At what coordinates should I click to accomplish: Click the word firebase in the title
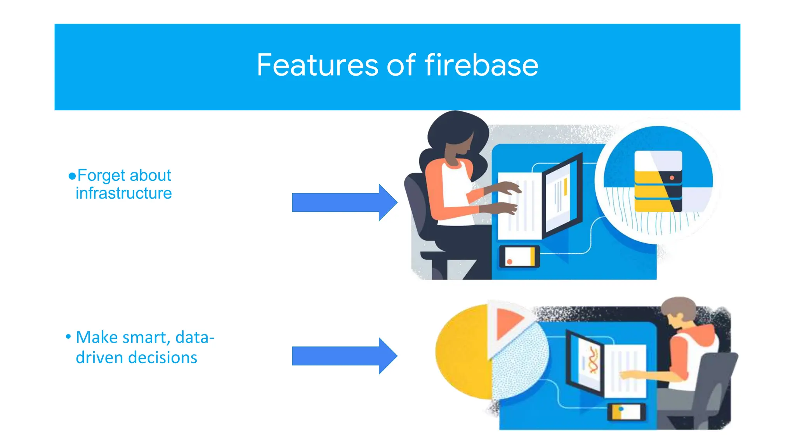481,65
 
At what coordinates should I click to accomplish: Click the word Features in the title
317,65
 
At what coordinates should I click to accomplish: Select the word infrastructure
123,193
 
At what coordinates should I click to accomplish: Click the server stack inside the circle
658,182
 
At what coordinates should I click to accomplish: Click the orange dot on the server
672,178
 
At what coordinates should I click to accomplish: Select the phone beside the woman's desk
519,257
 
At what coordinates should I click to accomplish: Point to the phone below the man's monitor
626,412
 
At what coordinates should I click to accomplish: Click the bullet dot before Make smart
68,336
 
